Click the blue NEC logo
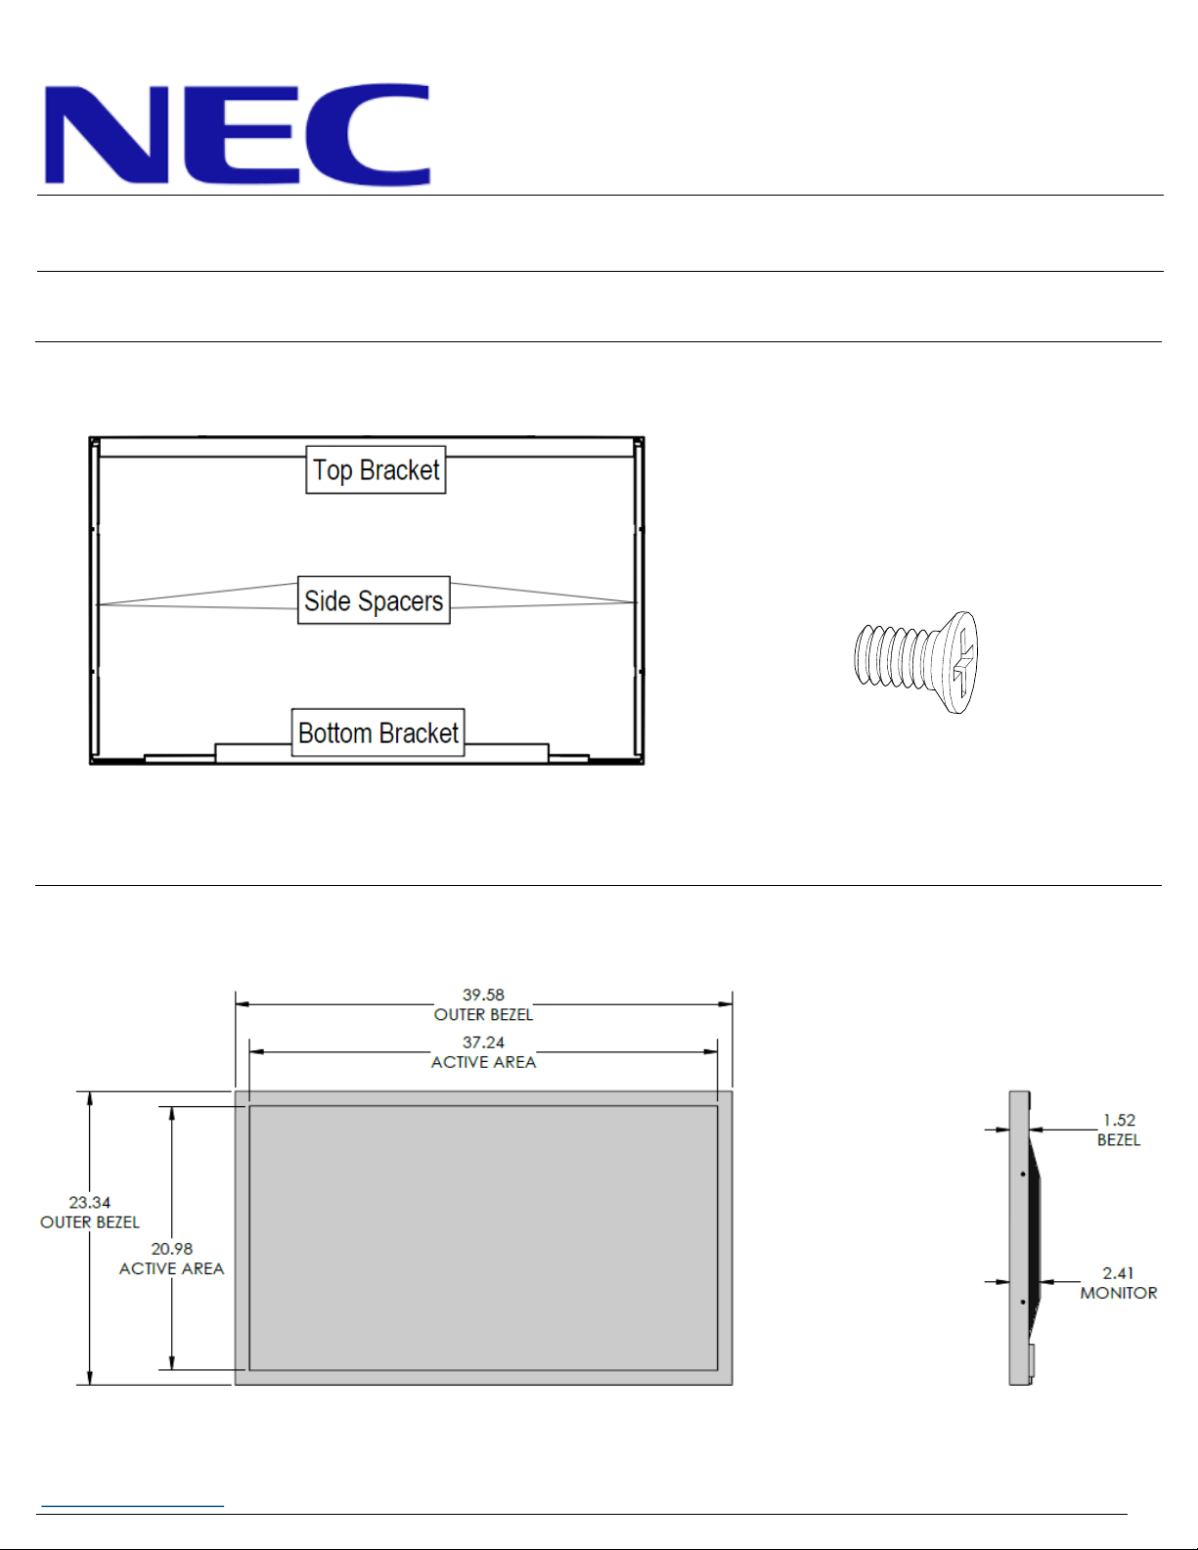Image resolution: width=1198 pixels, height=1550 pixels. point(237,134)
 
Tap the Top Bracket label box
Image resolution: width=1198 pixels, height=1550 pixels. point(376,469)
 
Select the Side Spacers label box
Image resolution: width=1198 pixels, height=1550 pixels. point(374,599)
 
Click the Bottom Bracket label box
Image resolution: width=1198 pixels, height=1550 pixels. point(377,731)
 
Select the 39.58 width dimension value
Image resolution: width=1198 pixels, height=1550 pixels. point(483,995)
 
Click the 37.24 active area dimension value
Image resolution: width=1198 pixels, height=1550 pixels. point(483,1042)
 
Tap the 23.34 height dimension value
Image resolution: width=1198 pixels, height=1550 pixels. point(90,1203)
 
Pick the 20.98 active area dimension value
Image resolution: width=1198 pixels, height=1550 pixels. point(172,1249)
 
